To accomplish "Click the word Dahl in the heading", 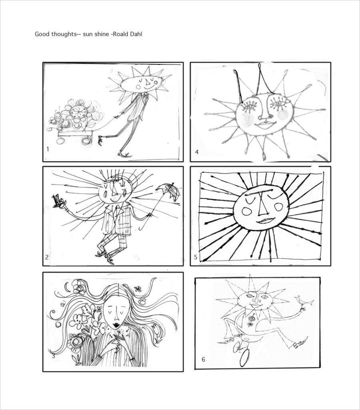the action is tap(136, 34).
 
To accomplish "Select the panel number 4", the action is tap(197, 152).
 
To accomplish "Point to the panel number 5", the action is tap(196, 257).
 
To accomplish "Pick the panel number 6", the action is tap(203, 360).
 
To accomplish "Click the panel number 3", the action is tap(53, 356).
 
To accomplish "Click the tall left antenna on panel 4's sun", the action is tap(238, 86).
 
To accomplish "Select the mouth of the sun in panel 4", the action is tap(265, 124).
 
